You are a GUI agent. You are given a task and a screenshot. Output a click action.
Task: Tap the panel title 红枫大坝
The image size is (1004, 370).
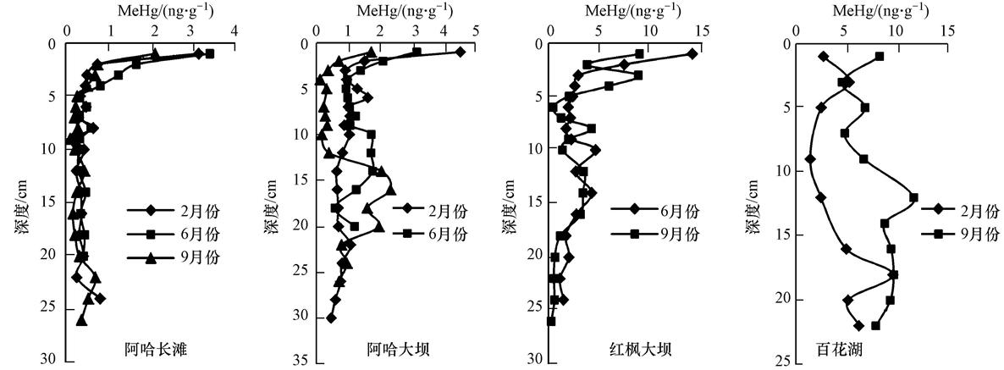point(639,347)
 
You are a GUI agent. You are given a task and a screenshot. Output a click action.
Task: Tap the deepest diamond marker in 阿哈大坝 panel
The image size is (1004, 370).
point(331,318)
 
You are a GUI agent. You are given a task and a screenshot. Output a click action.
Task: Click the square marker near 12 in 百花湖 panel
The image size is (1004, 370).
point(913,197)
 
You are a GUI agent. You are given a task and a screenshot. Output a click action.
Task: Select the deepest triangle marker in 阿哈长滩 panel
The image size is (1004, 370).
point(82,319)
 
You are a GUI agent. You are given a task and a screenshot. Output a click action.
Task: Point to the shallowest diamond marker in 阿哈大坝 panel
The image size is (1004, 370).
point(461,52)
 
